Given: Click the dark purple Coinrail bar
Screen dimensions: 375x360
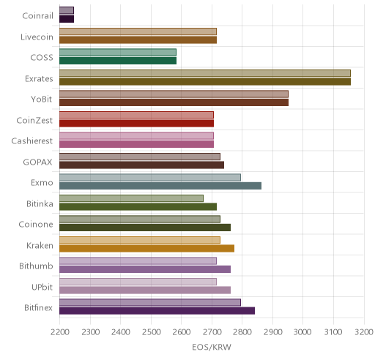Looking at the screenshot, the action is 67,19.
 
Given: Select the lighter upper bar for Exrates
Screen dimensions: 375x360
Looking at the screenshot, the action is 205,73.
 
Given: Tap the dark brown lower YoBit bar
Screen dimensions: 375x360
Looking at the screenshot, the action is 174,102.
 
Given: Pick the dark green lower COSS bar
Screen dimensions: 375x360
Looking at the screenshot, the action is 118,61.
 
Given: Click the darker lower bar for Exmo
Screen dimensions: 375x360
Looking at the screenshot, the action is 160,186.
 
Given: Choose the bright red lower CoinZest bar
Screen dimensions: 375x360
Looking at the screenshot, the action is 136,124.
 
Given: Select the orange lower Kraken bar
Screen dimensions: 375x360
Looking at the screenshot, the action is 146,249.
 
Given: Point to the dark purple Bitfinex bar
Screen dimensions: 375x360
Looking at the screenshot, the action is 157,311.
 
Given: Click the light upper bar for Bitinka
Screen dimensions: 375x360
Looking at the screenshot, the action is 131,198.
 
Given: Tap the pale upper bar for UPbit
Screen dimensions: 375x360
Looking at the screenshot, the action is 138,282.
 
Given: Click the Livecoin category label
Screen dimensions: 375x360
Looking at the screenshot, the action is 37,37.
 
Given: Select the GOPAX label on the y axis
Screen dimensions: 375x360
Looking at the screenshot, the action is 37,162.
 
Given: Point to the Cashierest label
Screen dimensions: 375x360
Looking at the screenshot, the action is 32,141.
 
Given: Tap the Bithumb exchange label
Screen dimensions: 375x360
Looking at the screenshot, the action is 36,266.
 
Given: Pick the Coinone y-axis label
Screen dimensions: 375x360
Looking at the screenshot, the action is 36,225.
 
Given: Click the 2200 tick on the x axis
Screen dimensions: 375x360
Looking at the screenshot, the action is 60,332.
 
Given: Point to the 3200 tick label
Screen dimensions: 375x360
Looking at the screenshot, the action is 364,332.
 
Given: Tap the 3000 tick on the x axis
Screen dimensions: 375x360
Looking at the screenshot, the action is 302,332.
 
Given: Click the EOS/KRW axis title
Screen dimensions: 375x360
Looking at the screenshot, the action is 212,347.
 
